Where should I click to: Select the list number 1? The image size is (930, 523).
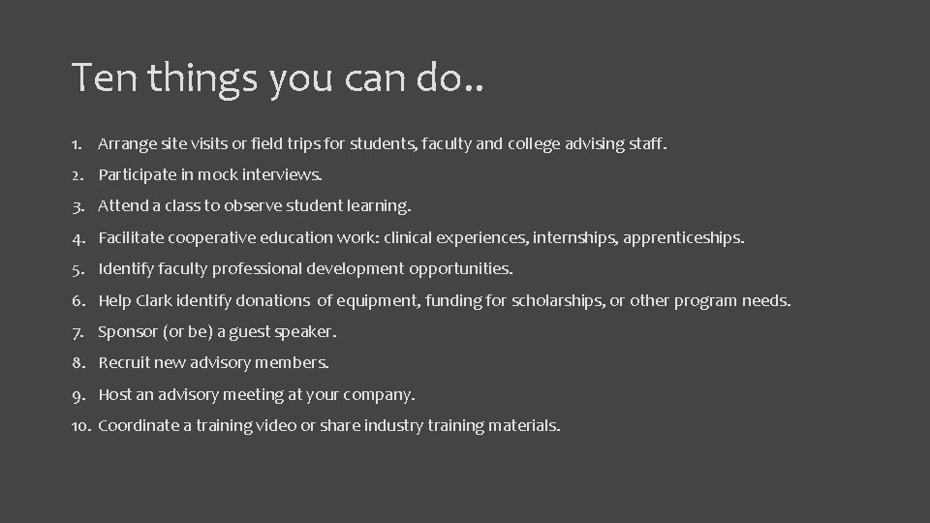tap(76, 144)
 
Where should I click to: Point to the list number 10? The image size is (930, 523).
tap(80, 425)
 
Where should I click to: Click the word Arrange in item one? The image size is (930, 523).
tap(129, 144)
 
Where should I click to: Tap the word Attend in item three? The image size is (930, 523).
tap(123, 206)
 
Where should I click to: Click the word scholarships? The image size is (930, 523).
tap(554, 300)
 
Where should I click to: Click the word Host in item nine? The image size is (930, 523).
tap(115, 394)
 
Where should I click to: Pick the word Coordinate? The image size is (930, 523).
tap(139, 425)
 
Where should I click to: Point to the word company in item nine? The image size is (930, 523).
tap(380, 395)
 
